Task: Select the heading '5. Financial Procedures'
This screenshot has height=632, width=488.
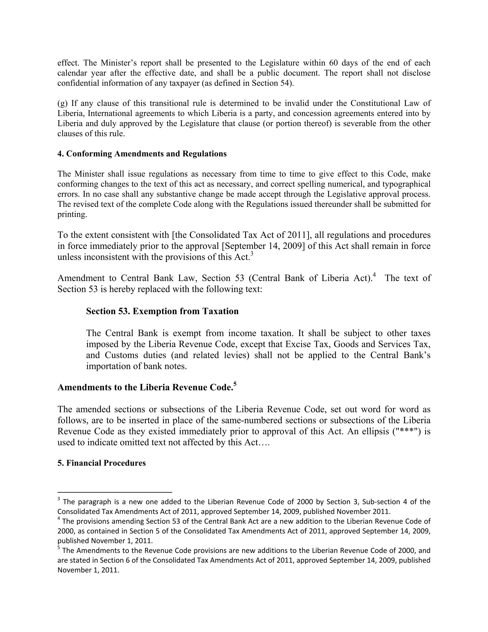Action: click(102, 463)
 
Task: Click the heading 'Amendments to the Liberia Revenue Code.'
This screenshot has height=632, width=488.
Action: click(145, 387)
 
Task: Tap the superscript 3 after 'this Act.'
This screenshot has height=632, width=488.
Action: click(252, 254)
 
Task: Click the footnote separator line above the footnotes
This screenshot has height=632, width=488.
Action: click(115, 492)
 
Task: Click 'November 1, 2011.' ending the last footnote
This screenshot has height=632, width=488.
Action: click(88, 570)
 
